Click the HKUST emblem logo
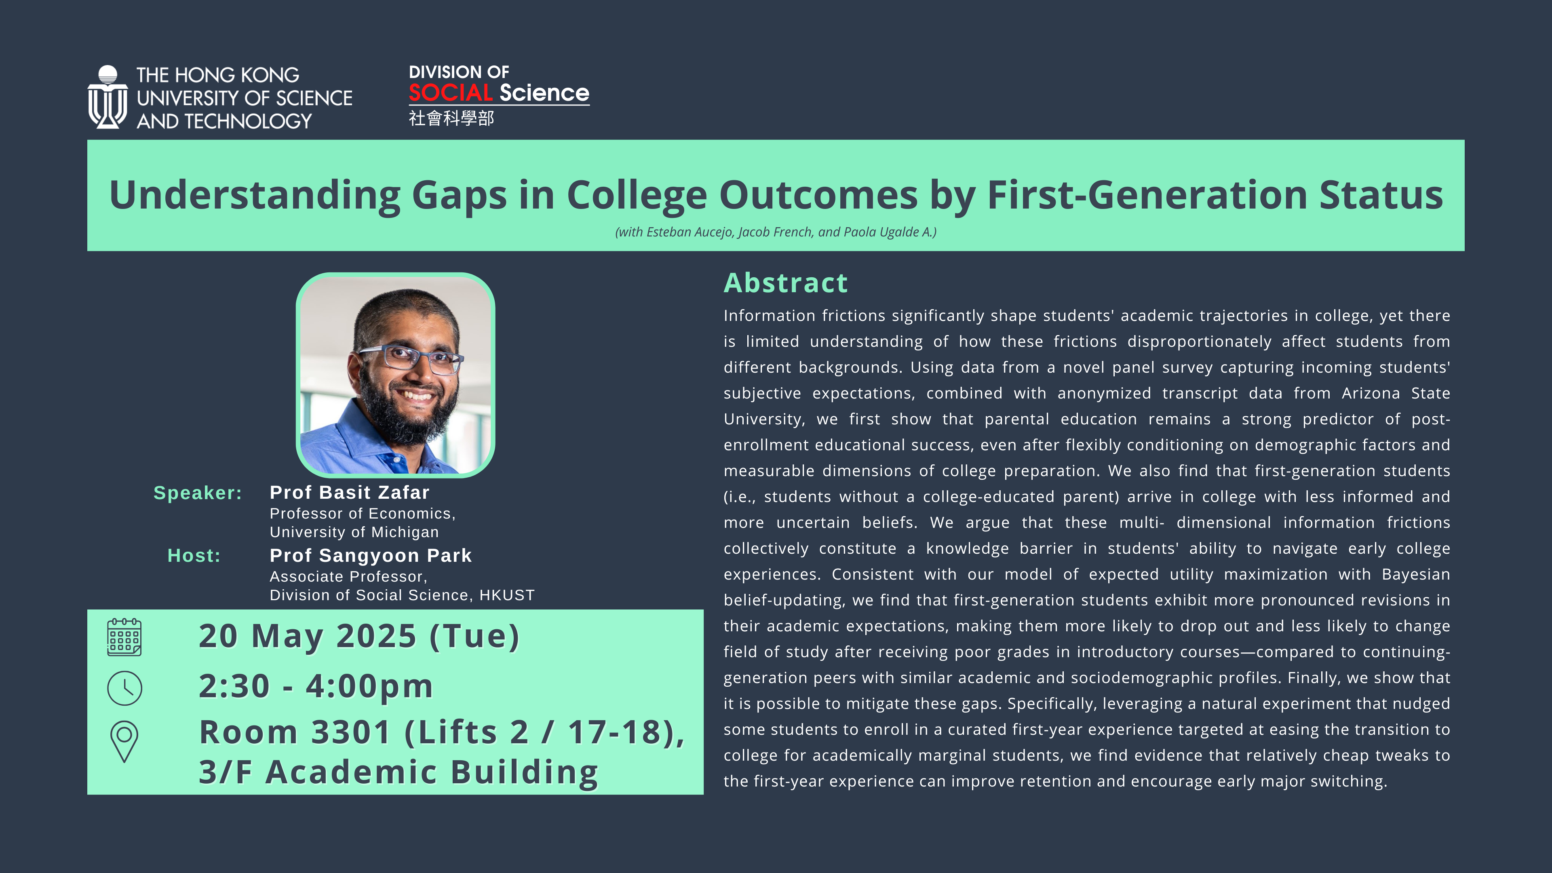point(107,97)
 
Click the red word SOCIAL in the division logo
point(451,93)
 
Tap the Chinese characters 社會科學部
point(451,118)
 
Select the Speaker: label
point(198,493)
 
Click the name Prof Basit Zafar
point(350,492)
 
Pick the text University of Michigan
point(354,532)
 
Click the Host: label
point(194,555)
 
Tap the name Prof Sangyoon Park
point(371,555)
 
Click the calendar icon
point(124,637)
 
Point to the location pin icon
point(124,742)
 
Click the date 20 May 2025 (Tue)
point(359,636)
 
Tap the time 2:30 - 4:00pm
point(316,686)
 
